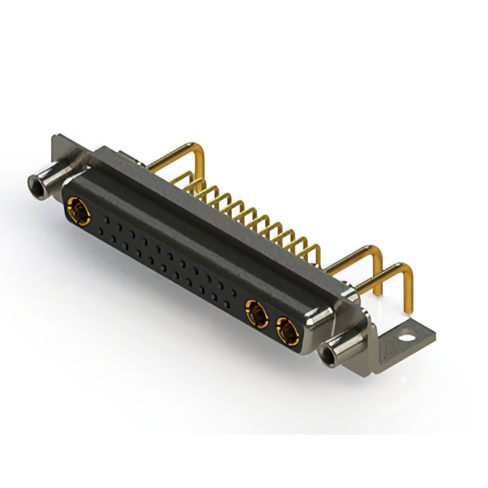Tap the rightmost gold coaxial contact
pyautogui.click(x=287, y=332)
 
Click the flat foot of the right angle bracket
pyautogui.click(x=412, y=335)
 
